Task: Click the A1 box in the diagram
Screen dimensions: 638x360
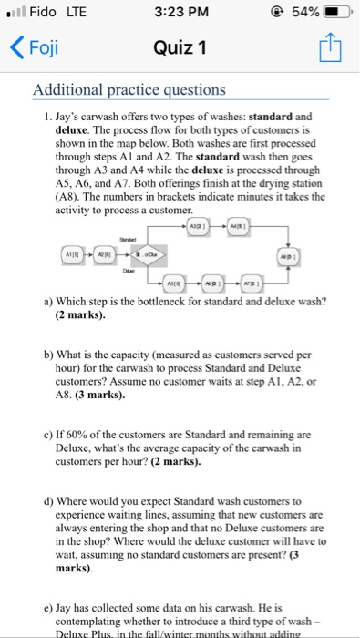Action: pyautogui.click(x=77, y=252)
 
